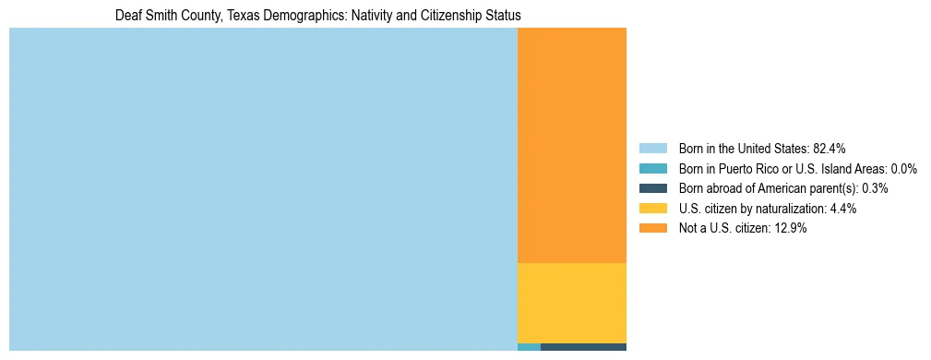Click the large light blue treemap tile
pos(263,189)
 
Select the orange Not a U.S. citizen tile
pos(572,145)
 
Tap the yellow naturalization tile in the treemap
pos(572,303)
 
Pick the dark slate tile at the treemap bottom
pos(583,347)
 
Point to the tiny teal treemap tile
pos(529,347)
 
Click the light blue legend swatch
pos(653,149)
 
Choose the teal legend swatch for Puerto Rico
pos(653,169)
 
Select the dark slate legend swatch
pos(653,188)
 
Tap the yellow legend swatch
pos(653,209)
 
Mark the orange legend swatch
pos(653,229)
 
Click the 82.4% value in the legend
pos(829,149)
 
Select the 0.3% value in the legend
pos(875,188)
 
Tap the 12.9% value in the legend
pos(791,229)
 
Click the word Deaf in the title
pos(127,16)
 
